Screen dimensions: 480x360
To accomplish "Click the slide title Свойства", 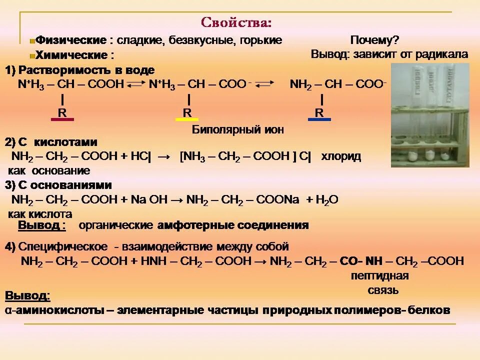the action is coord(236,23).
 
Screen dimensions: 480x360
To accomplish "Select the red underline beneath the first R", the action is coord(62,120).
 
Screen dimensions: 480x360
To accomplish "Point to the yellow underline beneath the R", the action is coord(187,120).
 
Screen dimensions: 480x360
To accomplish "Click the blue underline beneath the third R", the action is coord(319,120).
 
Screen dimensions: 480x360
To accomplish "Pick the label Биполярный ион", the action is coord(238,130).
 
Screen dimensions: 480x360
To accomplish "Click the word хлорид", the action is coord(341,156).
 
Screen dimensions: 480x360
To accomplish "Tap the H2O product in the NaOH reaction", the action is coord(327,200).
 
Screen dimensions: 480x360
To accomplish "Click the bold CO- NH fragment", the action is coord(361,261).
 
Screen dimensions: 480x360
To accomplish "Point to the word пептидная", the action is coord(380,276).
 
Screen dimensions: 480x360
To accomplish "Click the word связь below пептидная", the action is coord(381,290).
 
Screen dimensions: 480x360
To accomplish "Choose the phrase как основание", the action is coord(49,170).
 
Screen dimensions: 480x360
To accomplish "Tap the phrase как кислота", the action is coord(40,214).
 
